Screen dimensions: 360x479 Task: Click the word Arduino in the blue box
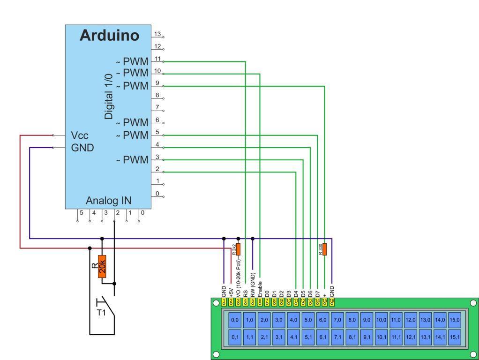110,36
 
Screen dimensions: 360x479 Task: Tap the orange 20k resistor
102,266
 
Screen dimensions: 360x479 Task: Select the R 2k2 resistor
238,249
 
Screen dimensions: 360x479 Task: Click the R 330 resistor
325,249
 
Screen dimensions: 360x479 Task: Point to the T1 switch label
101,313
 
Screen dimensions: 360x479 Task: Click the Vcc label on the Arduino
80,135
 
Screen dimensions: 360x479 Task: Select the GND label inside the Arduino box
82,148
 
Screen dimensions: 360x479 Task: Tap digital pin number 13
157,34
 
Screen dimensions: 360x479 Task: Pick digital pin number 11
157,59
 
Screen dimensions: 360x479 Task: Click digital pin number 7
157,107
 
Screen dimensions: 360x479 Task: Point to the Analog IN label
108,201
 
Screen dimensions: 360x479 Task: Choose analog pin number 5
81,213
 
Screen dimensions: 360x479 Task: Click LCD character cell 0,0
235,320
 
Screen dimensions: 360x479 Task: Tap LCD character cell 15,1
455,337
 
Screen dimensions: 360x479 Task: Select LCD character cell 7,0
337,320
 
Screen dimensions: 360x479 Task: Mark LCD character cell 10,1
381,337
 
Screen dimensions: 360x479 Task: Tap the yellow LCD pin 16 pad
331,301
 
